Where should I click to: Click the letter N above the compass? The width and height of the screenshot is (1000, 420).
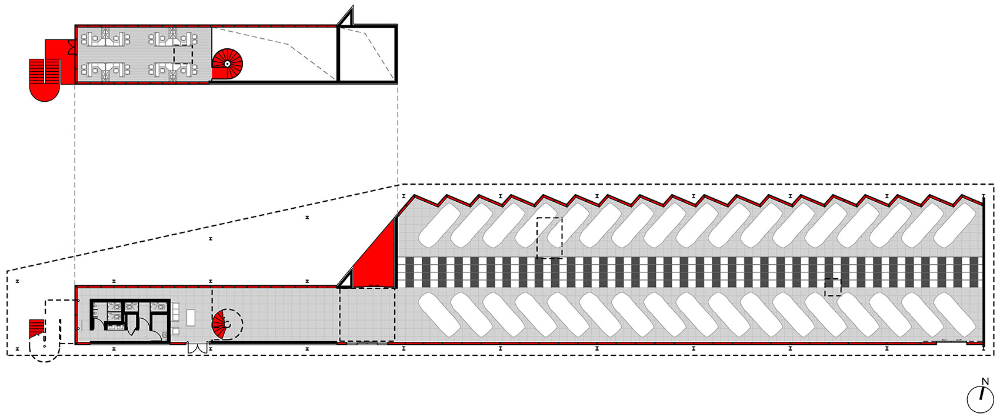[985, 382]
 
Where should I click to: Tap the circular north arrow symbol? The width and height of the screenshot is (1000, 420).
[981, 399]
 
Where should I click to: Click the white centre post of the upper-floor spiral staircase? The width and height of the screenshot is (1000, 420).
[227, 64]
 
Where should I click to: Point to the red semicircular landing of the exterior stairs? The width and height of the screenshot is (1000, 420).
[44, 92]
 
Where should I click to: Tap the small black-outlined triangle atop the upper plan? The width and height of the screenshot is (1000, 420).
[346, 18]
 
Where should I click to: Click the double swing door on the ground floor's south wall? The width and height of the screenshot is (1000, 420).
[197, 348]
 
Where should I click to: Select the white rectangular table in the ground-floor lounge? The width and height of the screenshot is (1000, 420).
[192, 317]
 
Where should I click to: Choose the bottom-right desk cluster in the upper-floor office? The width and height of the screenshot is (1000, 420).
[173, 71]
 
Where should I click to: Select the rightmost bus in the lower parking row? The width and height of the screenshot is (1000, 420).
[955, 315]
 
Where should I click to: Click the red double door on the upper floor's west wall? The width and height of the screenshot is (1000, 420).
[71, 46]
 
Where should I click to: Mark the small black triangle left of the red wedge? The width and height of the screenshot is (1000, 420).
[345, 278]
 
